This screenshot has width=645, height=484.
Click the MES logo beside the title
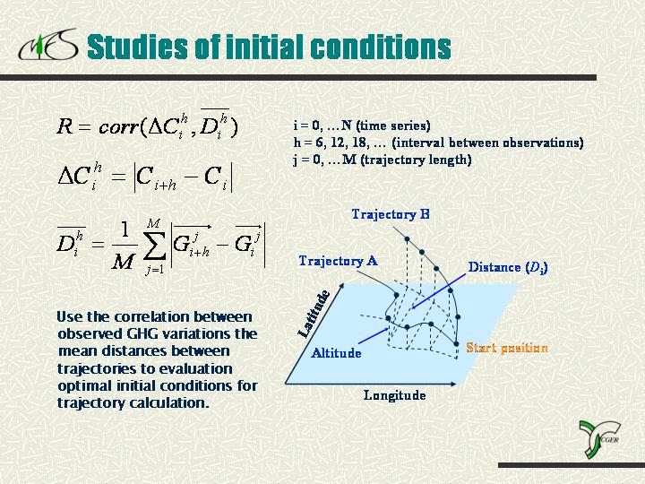pyautogui.click(x=48, y=45)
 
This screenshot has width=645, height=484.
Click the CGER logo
pyautogui.click(x=599, y=439)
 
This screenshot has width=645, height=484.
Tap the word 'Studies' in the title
pyautogui.click(x=138, y=46)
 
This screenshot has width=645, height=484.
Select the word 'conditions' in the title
pyautogui.click(x=381, y=46)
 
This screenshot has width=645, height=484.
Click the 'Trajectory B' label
pyautogui.click(x=391, y=214)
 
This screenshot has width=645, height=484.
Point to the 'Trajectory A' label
pyautogui.click(x=338, y=261)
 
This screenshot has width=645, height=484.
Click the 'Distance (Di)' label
pyautogui.click(x=508, y=267)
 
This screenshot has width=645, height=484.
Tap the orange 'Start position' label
pyautogui.click(x=507, y=348)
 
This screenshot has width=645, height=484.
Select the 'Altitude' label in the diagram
pyautogui.click(x=336, y=353)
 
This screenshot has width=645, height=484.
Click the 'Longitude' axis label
pyautogui.click(x=394, y=395)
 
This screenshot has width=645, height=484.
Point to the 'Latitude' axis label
pyautogui.click(x=314, y=314)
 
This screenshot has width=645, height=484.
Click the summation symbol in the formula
pyautogui.click(x=154, y=246)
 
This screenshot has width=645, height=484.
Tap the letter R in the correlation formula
pyautogui.click(x=64, y=126)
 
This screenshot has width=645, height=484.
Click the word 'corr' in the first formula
pyautogui.click(x=118, y=127)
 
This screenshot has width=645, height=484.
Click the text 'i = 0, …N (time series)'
pyautogui.click(x=362, y=125)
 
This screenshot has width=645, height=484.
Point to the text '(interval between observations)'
pyautogui.click(x=488, y=143)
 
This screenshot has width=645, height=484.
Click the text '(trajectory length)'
pyautogui.click(x=416, y=160)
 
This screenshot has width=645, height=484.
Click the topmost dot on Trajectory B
pyautogui.click(x=407, y=239)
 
